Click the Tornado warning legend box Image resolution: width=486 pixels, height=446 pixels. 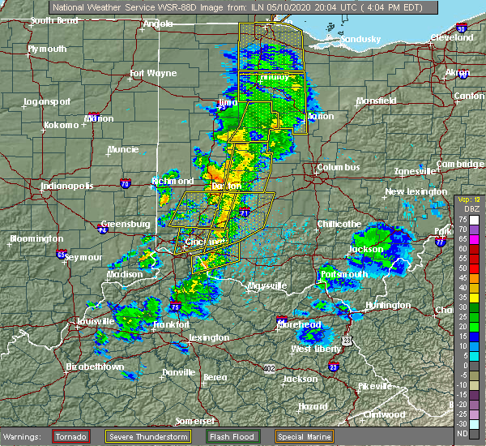coord(70,437)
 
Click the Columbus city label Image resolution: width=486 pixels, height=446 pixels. coord(338,167)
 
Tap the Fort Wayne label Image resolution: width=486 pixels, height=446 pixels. coord(153,74)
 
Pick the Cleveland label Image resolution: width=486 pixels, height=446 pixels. coord(451,38)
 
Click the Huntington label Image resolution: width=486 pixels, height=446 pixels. coord(387,305)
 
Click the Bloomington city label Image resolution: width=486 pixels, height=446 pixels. coord(36,239)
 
